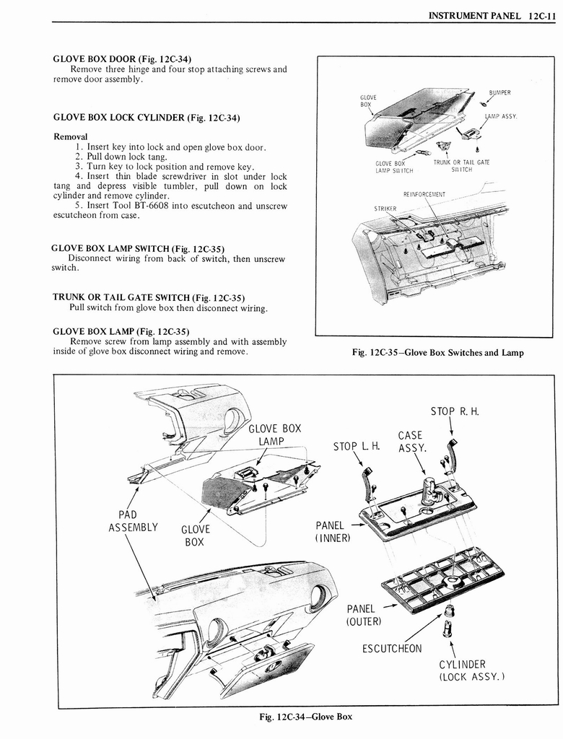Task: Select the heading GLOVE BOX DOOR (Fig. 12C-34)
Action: click(122, 58)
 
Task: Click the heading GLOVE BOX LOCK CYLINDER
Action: click(147, 117)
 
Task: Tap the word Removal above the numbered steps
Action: click(71, 136)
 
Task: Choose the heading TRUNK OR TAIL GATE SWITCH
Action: click(148, 297)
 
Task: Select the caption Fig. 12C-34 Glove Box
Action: click(306, 717)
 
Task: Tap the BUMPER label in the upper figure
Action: click(499, 93)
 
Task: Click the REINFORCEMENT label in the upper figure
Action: click(424, 193)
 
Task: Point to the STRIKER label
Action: click(385, 209)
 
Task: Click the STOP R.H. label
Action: click(455, 412)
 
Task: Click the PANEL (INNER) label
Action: click(332, 531)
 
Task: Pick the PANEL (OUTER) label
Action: click(365, 615)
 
